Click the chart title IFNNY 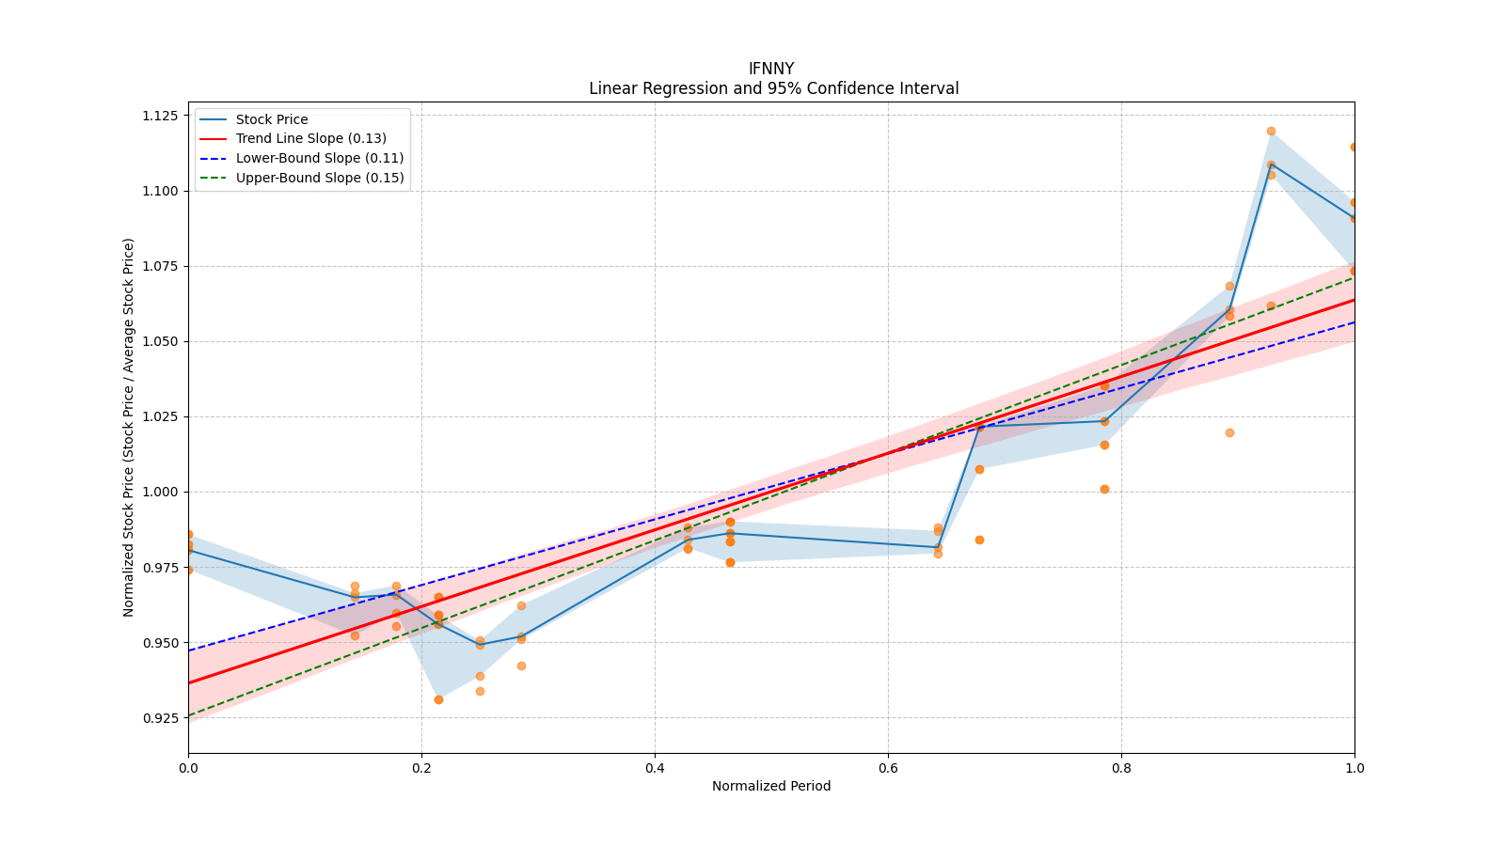(x=770, y=69)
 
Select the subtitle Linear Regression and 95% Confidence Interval (x=773, y=88)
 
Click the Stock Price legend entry (x=272, y=119)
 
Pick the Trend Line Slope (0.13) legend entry (x=310, y=139)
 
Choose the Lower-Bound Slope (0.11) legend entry (x=319, y=158)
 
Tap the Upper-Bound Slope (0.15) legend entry (x=320, y=178)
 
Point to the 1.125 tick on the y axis (x=160, y=116)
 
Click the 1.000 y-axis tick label (x=160, y=492)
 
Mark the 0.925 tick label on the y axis (x=160, y=718)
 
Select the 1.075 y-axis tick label (x=160, y=266)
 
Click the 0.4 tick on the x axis (x=655, y=768)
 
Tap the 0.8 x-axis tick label (x=1121, y=768)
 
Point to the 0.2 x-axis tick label (x=421, y=768)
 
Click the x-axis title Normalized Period (x=771, y=786)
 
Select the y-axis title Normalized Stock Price (x=129, y=427)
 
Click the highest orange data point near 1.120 (x=1271, y=132)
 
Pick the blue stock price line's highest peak (x=1271, y=164)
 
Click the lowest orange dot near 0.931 (x=438, y=699)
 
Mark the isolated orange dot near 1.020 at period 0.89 (x=1229, y=432)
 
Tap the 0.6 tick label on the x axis (x=888, y=768)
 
